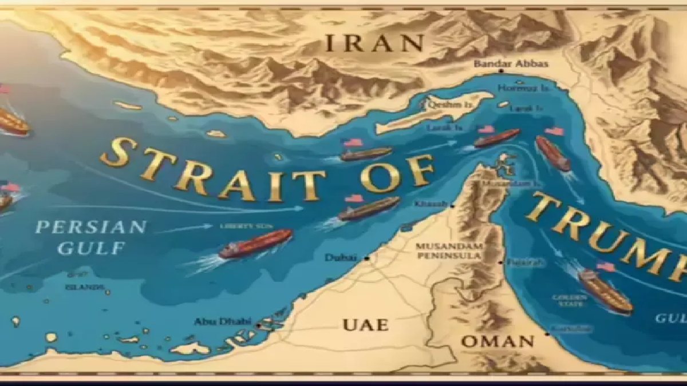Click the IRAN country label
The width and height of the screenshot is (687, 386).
[375, 43]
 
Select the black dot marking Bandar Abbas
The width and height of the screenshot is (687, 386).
[500, 71]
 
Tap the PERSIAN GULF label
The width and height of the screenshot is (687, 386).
[90, 237]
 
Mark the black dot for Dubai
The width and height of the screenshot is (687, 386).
[366, 258]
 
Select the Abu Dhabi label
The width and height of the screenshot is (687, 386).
[223, 321]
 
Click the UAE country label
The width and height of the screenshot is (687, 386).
[365, 325]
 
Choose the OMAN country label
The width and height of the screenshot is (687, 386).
[497, 342]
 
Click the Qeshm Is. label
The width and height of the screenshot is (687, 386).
[443, 105]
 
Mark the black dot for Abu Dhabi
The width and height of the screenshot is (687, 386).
[259, 325]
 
